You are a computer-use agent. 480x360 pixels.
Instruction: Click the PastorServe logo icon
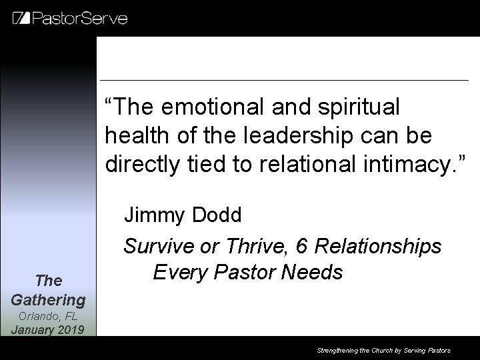[x=21, y=17]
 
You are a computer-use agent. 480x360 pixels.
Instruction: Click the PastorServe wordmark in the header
[x=80, y=17]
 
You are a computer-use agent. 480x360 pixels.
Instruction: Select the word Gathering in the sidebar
[x=48, y=301]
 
